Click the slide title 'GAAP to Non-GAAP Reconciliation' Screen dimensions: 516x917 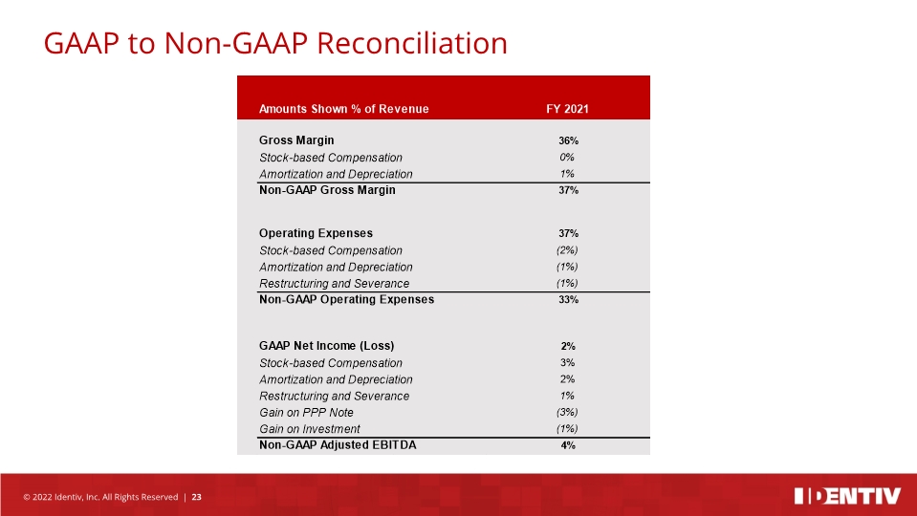tap(275, 43)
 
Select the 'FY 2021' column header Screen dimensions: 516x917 tap(566, 109)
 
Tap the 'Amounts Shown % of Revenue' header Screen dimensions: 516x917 tap(343, 109)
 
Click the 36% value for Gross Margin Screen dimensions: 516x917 tap(568, 140)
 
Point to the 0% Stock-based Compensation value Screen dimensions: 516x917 tap(567, 158)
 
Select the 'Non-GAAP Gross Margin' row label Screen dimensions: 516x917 tap(327, 190)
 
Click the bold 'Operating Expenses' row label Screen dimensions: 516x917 tap(316, 233)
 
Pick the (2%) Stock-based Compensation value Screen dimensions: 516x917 tap(567, 250)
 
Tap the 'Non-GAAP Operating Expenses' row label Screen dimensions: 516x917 tap(346, 299)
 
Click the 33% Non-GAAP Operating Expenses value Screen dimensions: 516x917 tap(568, 300)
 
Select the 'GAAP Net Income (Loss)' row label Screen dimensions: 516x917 tap(326, 346)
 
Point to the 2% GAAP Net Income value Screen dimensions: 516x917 tap(568, 346)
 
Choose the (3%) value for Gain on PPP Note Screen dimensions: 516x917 tap(567, 413)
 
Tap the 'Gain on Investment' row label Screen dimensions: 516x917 tap(309, 429)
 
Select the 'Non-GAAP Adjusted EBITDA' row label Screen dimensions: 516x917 tap(338, 445)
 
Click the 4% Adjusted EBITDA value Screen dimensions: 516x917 tap(568, 446)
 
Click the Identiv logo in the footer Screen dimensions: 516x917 tap(847, 496)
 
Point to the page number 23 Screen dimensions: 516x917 tap(197, 497)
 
